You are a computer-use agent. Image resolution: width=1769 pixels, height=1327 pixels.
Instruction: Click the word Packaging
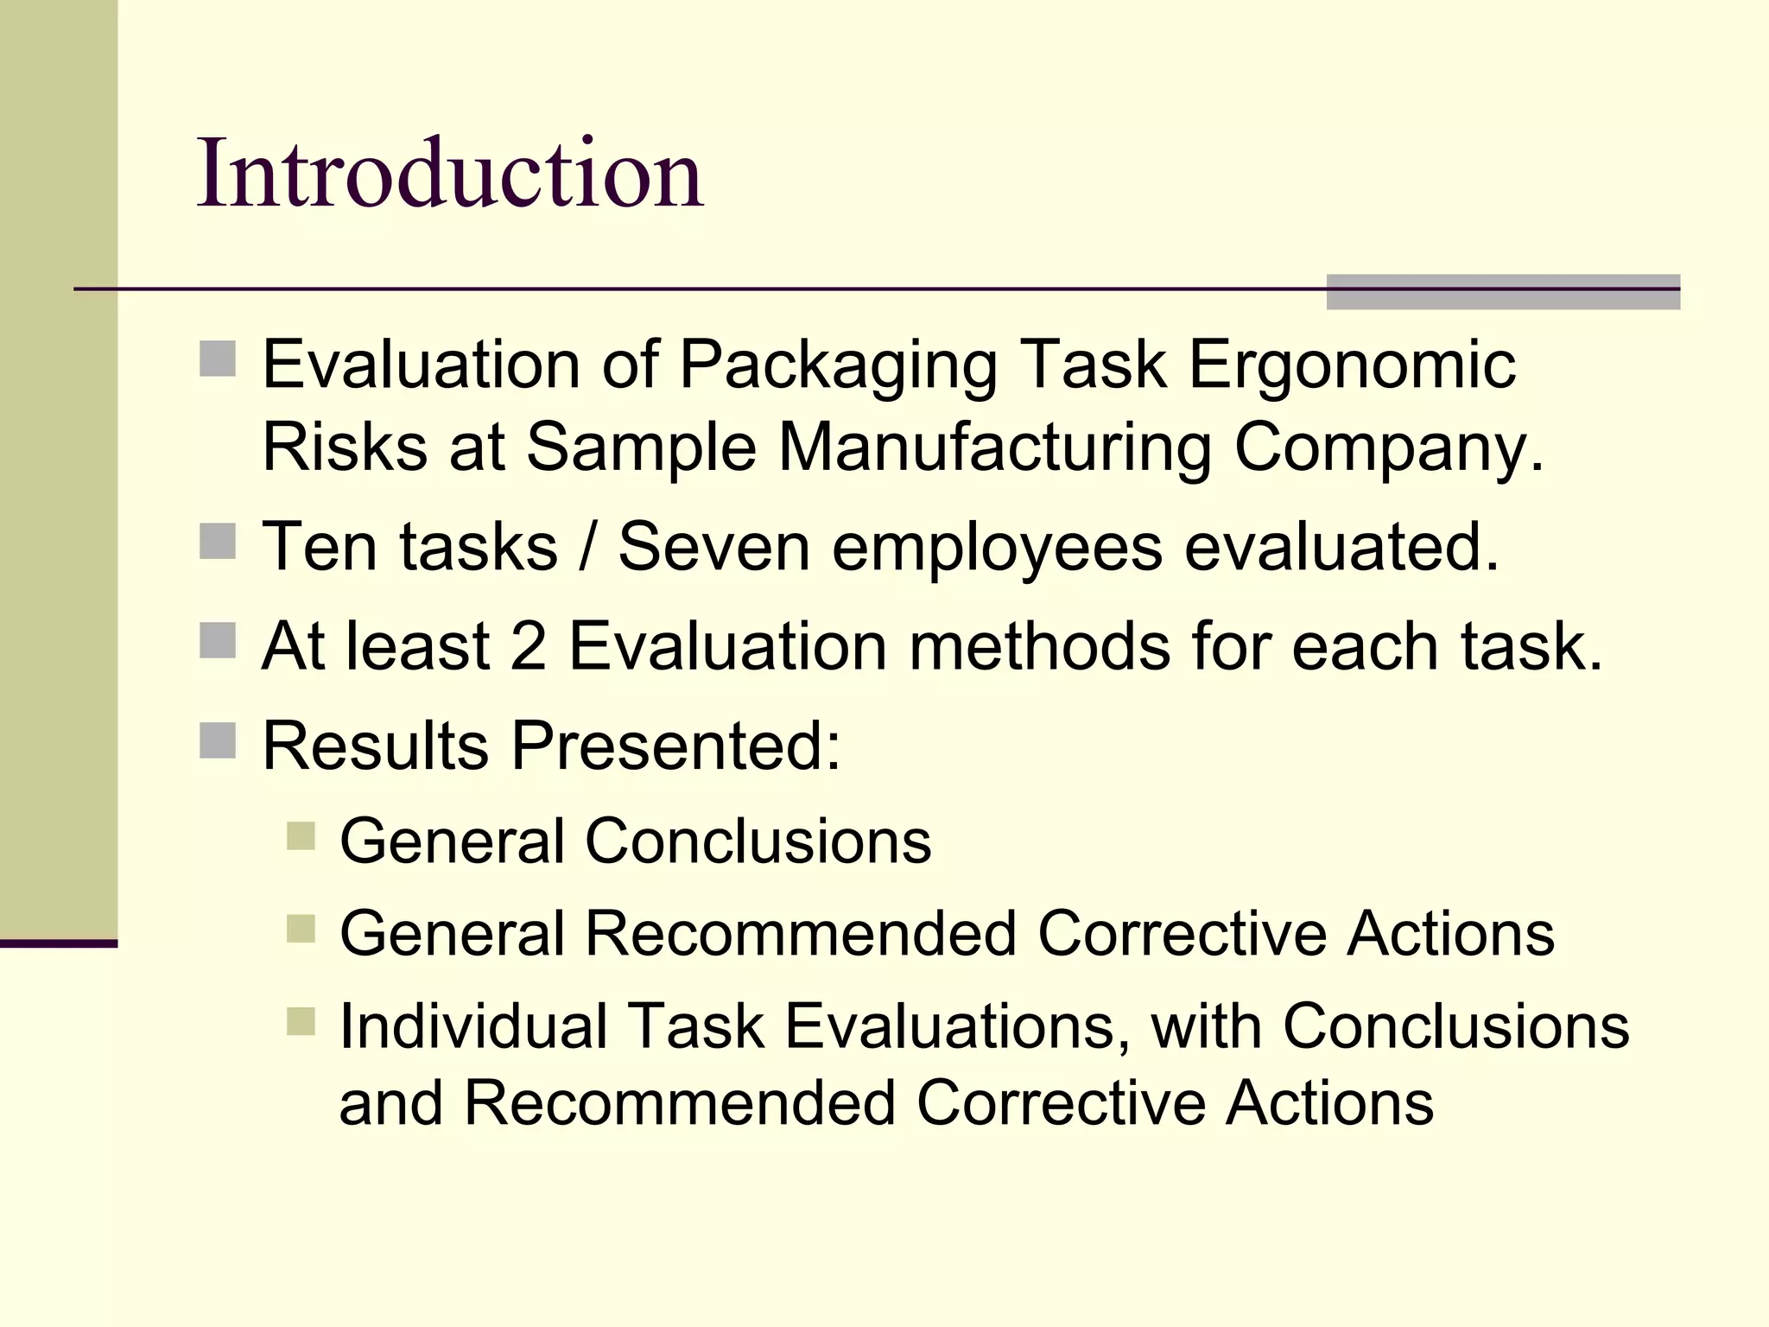tap(838, 366)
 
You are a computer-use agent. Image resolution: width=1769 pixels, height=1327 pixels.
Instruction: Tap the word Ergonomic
tap(1352, 366)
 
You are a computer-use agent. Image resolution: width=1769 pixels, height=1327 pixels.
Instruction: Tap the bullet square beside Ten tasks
tap(217, 542)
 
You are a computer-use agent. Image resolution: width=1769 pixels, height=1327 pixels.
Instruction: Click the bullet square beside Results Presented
tap(217, 740)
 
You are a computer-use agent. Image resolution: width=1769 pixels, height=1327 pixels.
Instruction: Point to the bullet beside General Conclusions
tap(301, 836)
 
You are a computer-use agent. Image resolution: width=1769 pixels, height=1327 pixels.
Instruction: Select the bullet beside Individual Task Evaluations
tap(301, 1021)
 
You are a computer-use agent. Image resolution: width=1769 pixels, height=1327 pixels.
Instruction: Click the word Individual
tap(473, 1026)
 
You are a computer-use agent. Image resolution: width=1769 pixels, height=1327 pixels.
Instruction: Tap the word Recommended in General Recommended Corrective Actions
tap(801, 934)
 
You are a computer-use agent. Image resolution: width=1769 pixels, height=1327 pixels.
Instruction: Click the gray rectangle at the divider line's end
tap(1503, 292)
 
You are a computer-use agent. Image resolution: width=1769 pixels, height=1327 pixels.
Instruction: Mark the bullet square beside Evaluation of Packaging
tap(217, 359)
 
